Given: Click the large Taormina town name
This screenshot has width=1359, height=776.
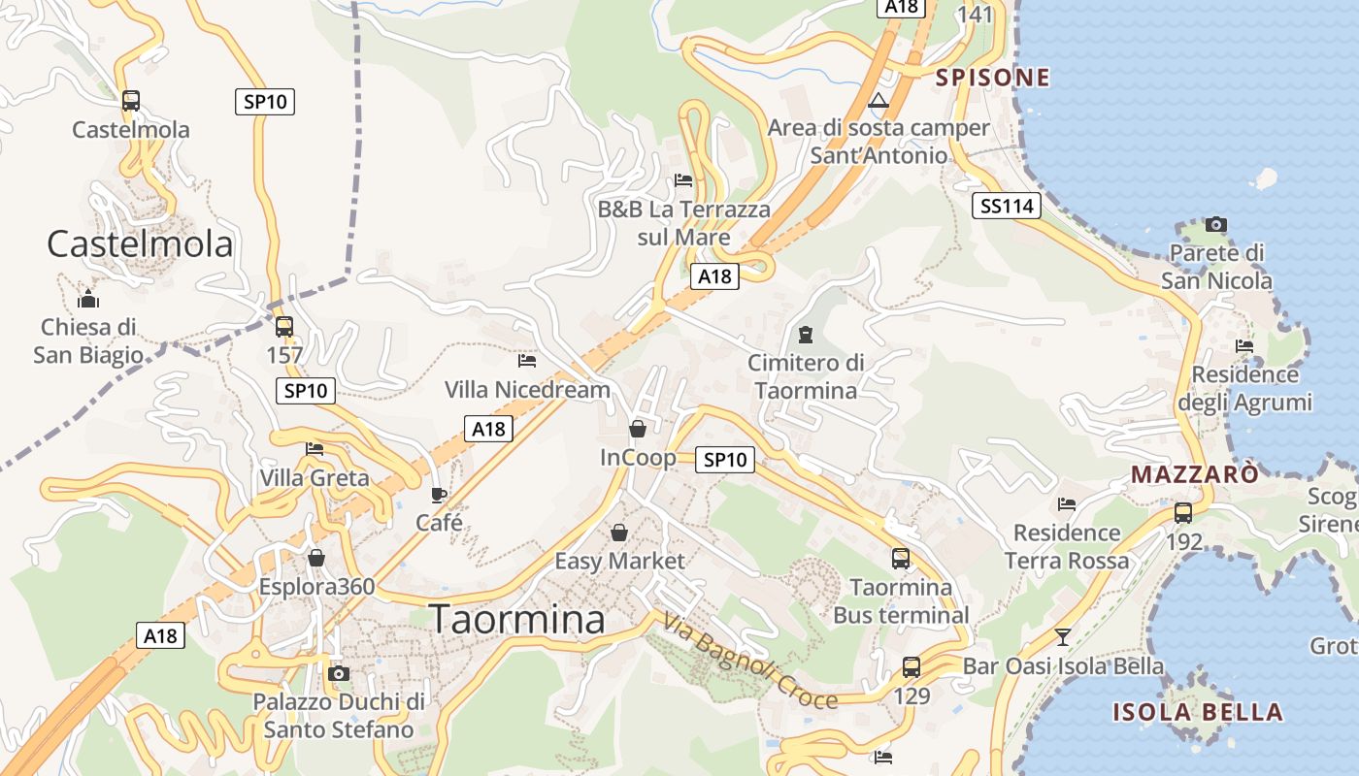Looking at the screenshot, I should [516, 619].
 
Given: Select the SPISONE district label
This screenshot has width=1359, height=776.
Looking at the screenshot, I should [992, 78].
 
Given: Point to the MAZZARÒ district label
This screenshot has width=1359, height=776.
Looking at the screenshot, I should [1194, 474].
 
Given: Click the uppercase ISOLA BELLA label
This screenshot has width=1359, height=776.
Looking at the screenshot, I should [1198, 713].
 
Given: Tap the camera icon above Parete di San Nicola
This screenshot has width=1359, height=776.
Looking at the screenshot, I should [1215, 225].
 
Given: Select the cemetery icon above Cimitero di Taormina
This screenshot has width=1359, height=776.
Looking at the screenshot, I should [805, 336].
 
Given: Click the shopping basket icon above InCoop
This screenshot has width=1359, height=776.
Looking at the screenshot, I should [638, 429].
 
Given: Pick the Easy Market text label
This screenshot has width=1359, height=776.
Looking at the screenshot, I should [619, 561].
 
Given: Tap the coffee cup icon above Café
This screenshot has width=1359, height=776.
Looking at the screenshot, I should [439, 495].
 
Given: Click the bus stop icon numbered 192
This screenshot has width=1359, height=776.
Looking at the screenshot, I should [1183, 513].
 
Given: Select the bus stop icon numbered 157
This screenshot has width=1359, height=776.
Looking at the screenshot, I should [284, 327].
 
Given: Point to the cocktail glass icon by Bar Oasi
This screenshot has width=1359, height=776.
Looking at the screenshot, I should [1063, 637].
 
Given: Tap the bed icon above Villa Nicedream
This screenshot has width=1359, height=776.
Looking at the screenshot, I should [527, 361].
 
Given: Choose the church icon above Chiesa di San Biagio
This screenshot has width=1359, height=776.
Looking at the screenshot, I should [88, 298].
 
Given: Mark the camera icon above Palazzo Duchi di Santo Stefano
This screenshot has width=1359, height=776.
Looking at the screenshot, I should [339, 673].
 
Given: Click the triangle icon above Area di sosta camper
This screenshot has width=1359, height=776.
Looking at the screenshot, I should [878, 101].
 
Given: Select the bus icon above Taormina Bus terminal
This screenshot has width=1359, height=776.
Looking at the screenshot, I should [901, 559].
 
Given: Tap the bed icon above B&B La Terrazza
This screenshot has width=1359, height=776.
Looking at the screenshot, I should [683, 180].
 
